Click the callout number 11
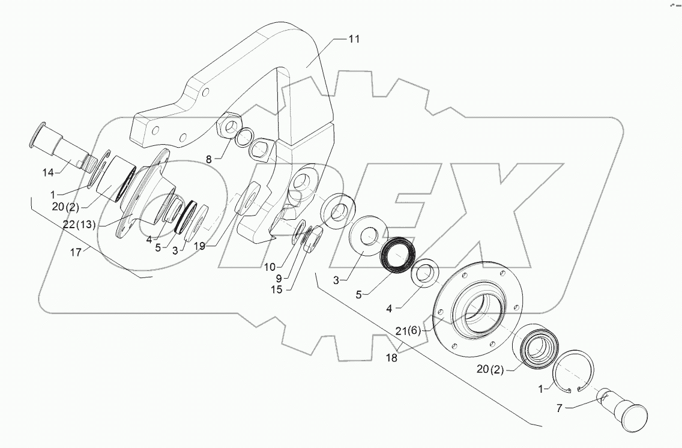coord(354,40)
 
